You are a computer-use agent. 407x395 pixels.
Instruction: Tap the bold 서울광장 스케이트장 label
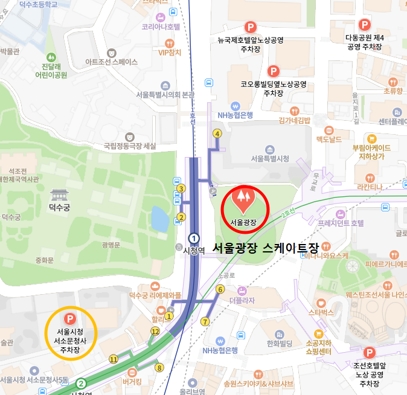265,247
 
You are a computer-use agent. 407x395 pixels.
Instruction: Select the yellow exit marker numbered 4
217,133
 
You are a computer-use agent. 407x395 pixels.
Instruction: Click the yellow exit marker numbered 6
219,289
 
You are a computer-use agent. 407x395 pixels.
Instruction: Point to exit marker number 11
113,359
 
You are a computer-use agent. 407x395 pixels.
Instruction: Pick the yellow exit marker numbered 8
159,367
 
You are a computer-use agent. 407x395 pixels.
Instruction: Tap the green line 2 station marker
81,383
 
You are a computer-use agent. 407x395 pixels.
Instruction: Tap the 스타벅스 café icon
321,302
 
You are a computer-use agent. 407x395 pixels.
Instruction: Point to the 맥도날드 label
329,140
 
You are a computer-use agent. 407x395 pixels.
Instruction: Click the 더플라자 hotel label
242,300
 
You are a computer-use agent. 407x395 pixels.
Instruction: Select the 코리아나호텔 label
161,27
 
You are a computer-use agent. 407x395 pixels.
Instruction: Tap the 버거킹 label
132,382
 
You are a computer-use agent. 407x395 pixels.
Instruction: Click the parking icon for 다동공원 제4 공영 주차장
365,25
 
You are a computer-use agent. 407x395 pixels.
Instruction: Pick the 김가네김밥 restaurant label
294,120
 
